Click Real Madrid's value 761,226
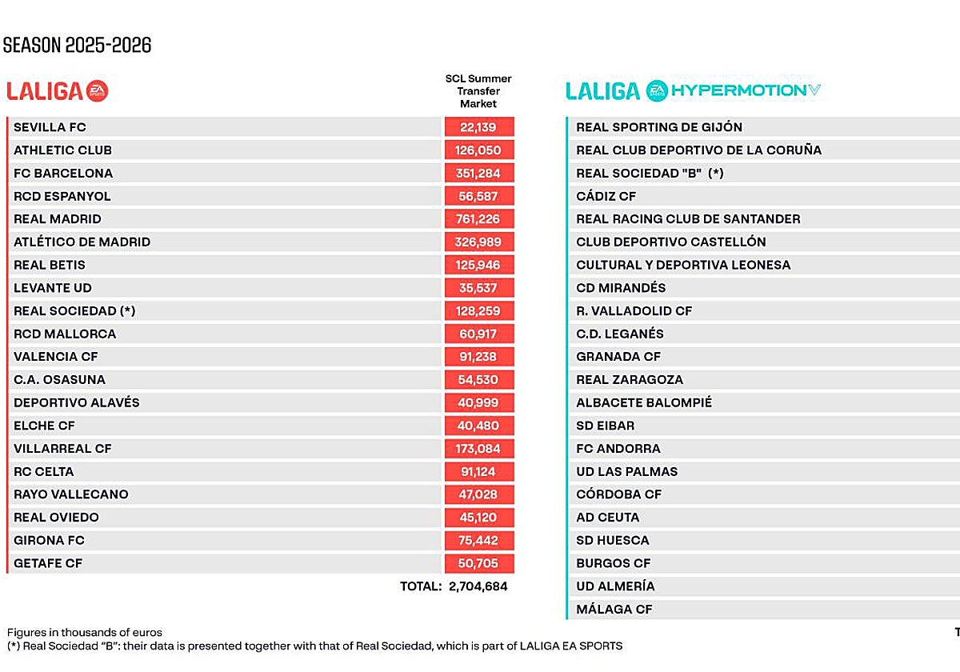[479, 219]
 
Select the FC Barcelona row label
[63, 174]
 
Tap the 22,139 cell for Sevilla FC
[479, 127]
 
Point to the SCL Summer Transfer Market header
[478, 91]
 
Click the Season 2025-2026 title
[77, 46]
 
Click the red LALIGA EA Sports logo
[58, 91]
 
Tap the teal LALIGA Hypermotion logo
[693, 90]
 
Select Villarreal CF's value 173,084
[479, 449]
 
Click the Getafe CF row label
[48, 564]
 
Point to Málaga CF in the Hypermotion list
[614, 610]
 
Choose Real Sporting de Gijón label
[659, 127]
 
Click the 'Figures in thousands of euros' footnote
[85, 633]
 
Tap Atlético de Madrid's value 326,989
[479, 242]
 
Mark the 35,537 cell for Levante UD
[479, 288]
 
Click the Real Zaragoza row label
[630, 380]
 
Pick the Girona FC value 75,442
[479, 541]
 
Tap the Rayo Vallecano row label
[71, 494]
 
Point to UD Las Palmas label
[627, 472]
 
